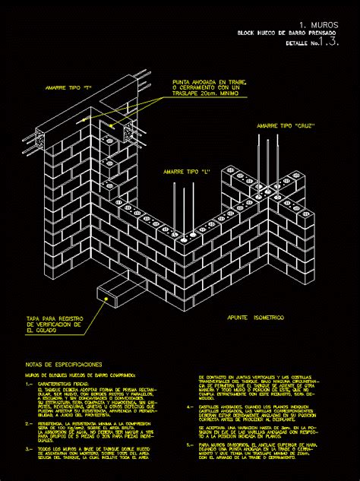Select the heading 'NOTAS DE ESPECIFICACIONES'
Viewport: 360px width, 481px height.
click(63, 365)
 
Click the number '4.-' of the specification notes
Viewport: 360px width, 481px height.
click(189, 407)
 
